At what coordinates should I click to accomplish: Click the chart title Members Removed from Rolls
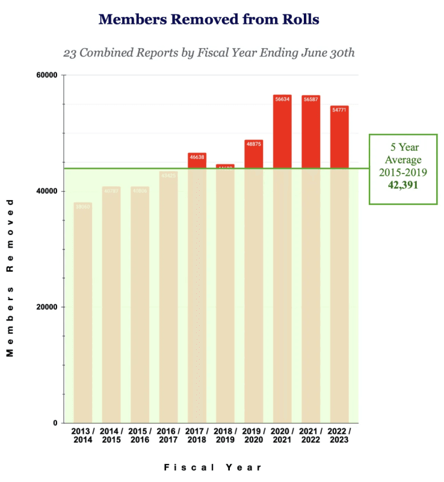pos(209,19)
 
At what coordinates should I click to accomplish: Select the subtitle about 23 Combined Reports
pos(209,52)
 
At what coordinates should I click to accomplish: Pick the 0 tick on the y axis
pos(54,423)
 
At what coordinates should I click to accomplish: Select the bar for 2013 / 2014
pos(83,313)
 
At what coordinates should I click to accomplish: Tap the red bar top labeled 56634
pos(282,131)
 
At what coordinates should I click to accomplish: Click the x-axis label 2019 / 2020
pos(254,436)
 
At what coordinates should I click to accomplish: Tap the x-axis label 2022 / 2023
pos(339,436)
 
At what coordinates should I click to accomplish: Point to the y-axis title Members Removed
pos(10,278)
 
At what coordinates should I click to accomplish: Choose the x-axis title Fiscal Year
pos(213,467)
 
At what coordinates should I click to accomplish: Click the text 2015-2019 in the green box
pos(403,172)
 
